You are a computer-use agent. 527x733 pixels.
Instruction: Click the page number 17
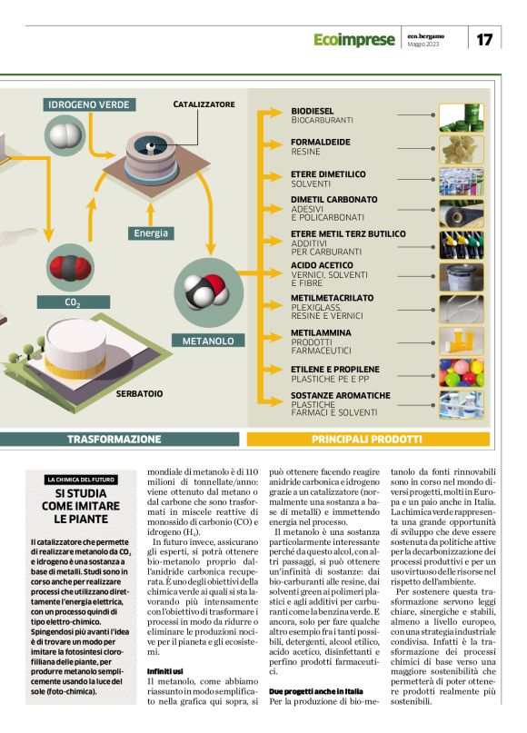tap(483, 39)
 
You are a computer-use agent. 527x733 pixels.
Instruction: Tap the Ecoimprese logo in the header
tap(354, 40)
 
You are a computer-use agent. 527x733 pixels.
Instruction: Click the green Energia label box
tap(151, 233)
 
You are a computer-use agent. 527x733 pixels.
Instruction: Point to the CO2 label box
tap(74, 302)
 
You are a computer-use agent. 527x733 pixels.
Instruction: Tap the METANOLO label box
tap(208, 342)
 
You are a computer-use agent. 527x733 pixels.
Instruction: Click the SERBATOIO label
tap(139, 393)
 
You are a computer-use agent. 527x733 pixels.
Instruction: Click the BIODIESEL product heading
tap(313, 111)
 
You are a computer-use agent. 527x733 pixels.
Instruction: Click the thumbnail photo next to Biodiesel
tap(462, 116)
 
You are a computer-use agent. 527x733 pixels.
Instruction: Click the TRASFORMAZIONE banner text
tap(114, 439)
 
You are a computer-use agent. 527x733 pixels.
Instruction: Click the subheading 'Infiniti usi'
tap(166, 671)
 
